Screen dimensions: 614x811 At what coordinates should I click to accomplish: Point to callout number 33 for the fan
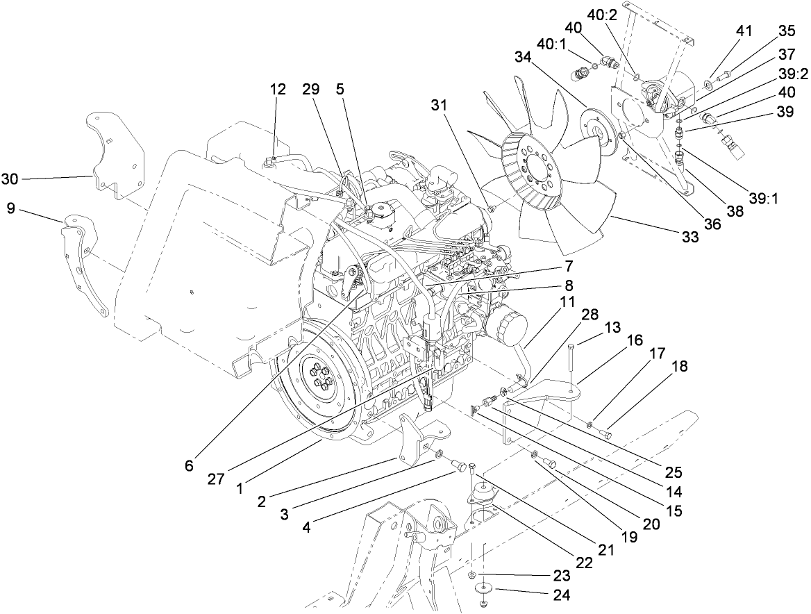(x=689, y=237)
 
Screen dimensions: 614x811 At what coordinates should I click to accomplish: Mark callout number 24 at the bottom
(x=562, y=595)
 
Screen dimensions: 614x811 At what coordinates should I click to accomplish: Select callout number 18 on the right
(x=679, y=367)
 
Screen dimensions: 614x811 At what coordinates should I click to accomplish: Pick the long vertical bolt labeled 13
(x=571, y=365)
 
